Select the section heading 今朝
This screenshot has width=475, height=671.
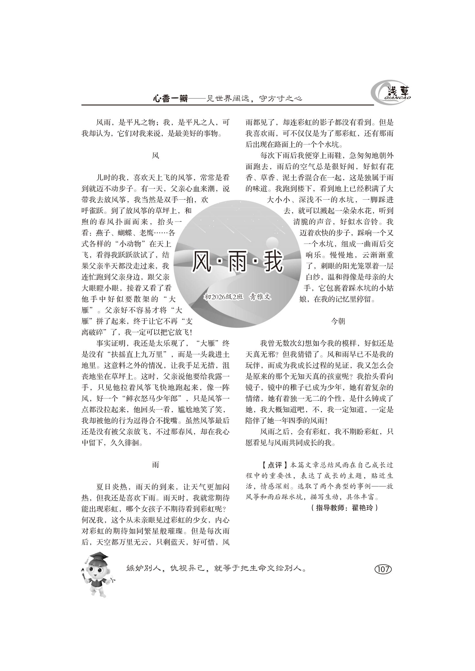(338, 322)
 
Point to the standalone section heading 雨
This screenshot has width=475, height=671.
(156, 465)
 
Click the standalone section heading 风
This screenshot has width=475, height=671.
(156, 156)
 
